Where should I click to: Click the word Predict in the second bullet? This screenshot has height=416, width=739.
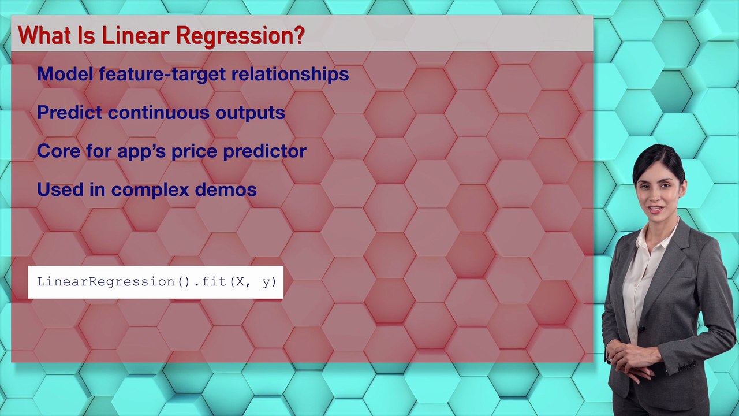pyautogui.click(x=69, y=113)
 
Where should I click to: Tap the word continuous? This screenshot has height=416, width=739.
pyautogui.click(x=159, y=113)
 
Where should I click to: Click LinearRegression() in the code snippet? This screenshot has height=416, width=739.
pyautogui.click(x=113, y=282)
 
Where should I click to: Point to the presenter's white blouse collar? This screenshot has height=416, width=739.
pyautogui.click(x=652, y=243)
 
